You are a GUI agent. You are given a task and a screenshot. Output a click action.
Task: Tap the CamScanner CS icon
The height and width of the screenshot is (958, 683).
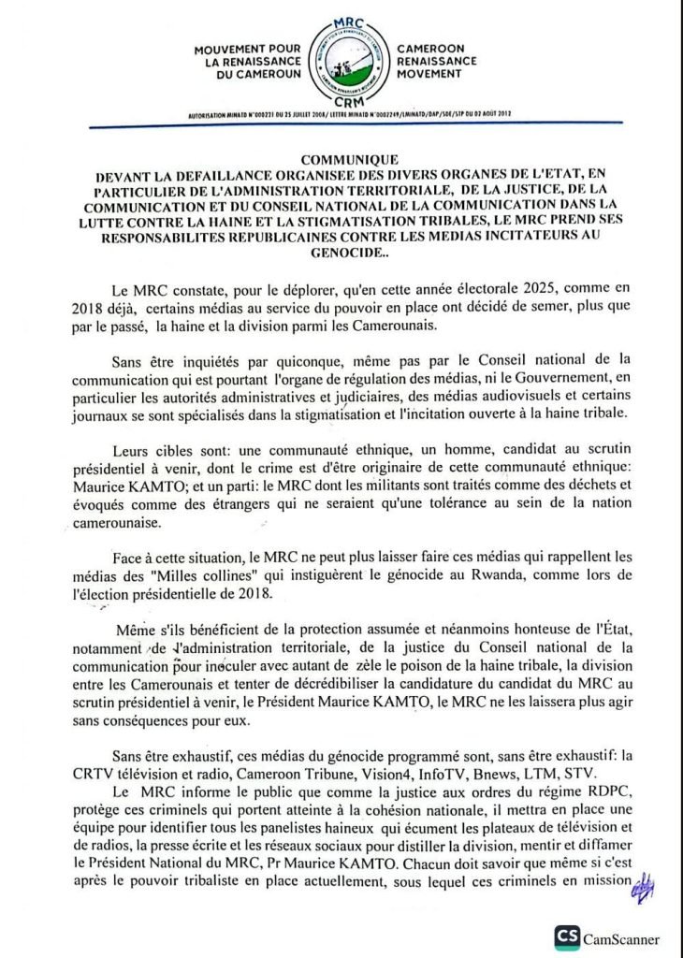566,937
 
